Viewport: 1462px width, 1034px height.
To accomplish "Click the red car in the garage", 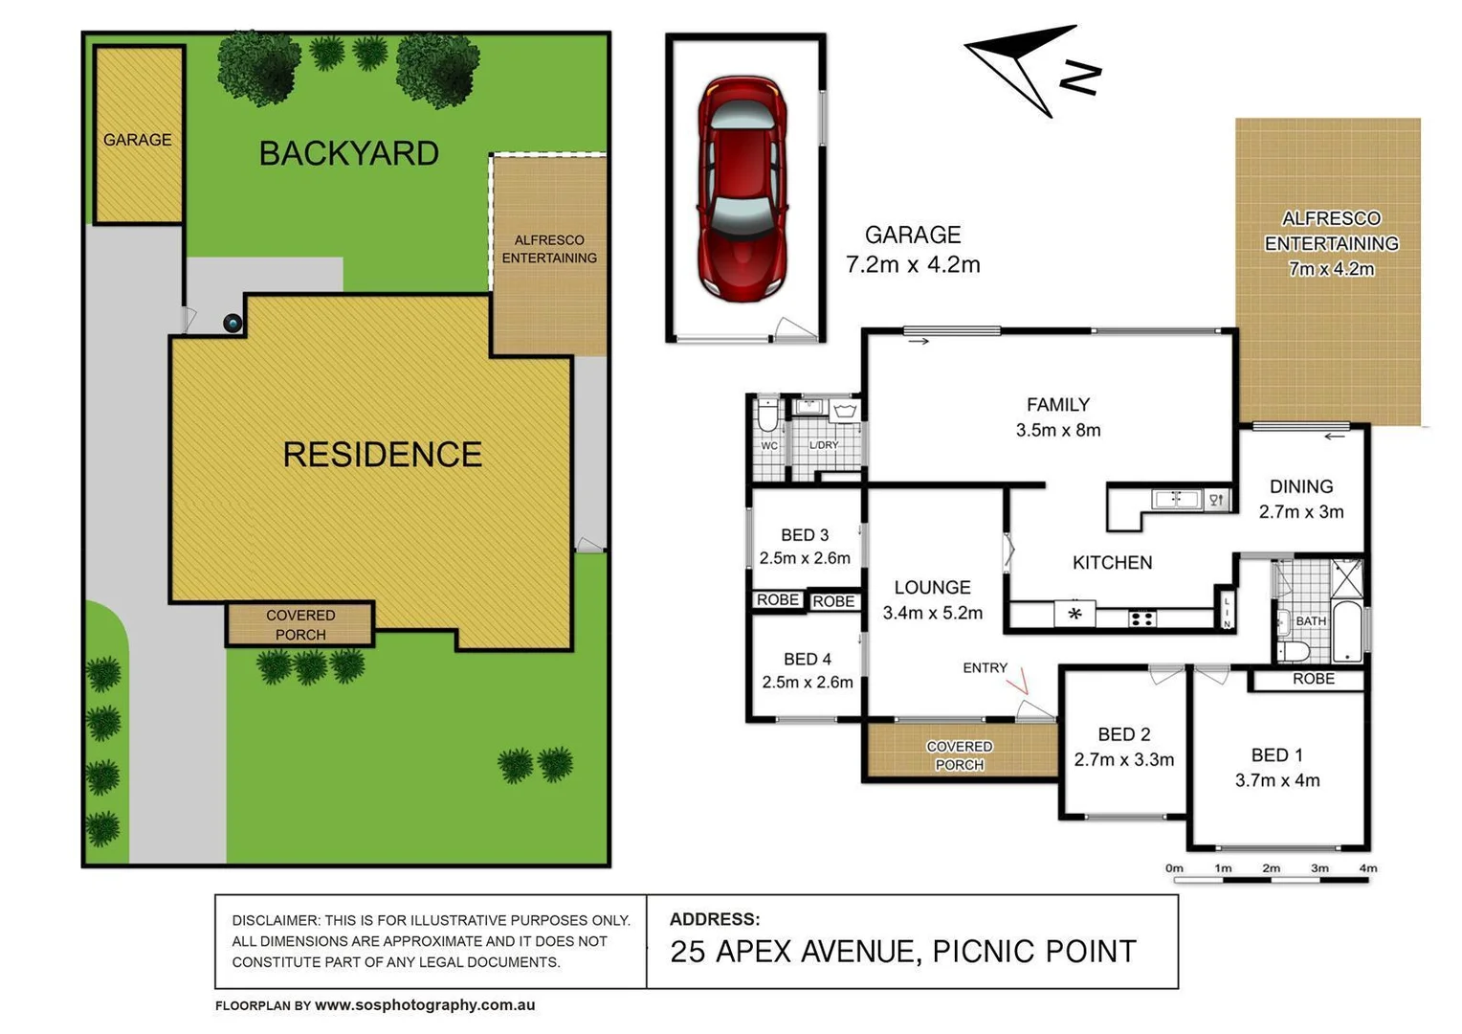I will click(x=742, y=188).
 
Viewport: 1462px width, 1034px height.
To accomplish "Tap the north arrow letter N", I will click(x=1081, y=78).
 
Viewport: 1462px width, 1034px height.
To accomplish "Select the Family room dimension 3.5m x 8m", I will click(x=1058, y=431).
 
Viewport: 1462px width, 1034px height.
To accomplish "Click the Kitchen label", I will click(x=1112, y=563).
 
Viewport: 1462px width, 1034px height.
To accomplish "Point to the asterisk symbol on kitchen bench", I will click(x=1074, y=614).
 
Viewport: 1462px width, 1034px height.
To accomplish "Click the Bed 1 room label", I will click(x=1276, y=755).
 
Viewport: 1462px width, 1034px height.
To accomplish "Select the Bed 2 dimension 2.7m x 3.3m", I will click(x=1123, y=760).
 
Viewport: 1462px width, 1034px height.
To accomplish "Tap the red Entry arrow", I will click(x=1021, y=681).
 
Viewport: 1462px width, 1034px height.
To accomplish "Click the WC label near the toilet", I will click(x=769, y=446).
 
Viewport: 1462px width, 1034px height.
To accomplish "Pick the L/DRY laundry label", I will click(x=824, y=445).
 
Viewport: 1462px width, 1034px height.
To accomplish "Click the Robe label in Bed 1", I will click(x=1313, y=679).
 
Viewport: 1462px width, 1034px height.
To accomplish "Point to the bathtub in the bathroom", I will click(x=1347, y=632).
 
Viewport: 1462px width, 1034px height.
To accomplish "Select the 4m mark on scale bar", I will click(x=1367, y=868).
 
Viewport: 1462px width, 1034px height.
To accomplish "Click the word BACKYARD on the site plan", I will click(x=349, y=153).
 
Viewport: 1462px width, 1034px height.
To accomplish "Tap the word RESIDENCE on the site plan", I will click(x=382, y=455).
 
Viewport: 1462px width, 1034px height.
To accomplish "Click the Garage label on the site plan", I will click(x=138, y=140).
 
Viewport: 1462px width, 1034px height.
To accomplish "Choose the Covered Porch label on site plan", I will click(x=300, y=625).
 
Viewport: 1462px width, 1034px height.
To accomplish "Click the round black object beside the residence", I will click(x=233, y=324).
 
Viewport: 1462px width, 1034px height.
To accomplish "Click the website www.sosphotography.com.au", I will click(x=425, y=1005).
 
